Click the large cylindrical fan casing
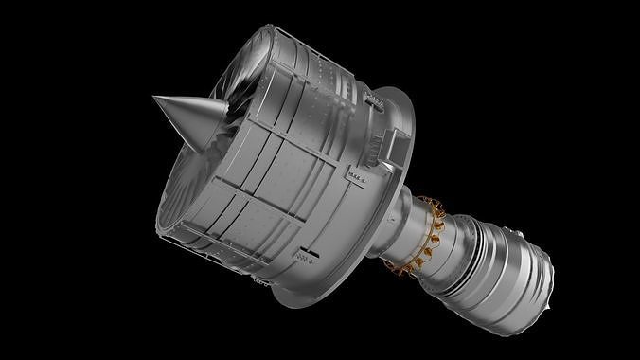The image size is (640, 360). [x=275, y=171]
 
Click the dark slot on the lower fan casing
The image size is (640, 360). [x=306, y=254]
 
